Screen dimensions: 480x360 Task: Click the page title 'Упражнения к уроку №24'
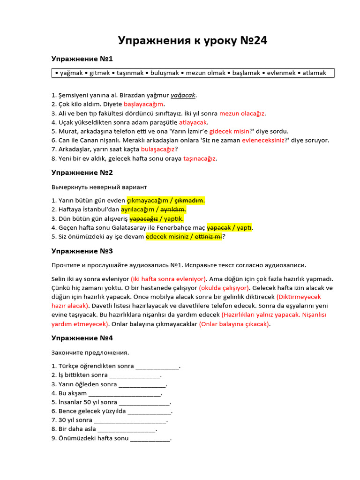(x=193, y=41)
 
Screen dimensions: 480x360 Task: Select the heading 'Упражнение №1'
(x=82, y=59)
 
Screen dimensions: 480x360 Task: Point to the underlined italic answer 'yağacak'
(x=182, y=95)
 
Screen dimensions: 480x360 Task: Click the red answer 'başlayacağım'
(x=143, y=104)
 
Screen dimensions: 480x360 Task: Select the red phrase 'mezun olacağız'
(x=242, y=113)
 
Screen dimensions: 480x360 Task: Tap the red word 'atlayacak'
(x=193, y=122)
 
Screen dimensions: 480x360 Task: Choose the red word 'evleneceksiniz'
(x=263, y=140)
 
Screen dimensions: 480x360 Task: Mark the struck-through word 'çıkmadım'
(x=188, y=201)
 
